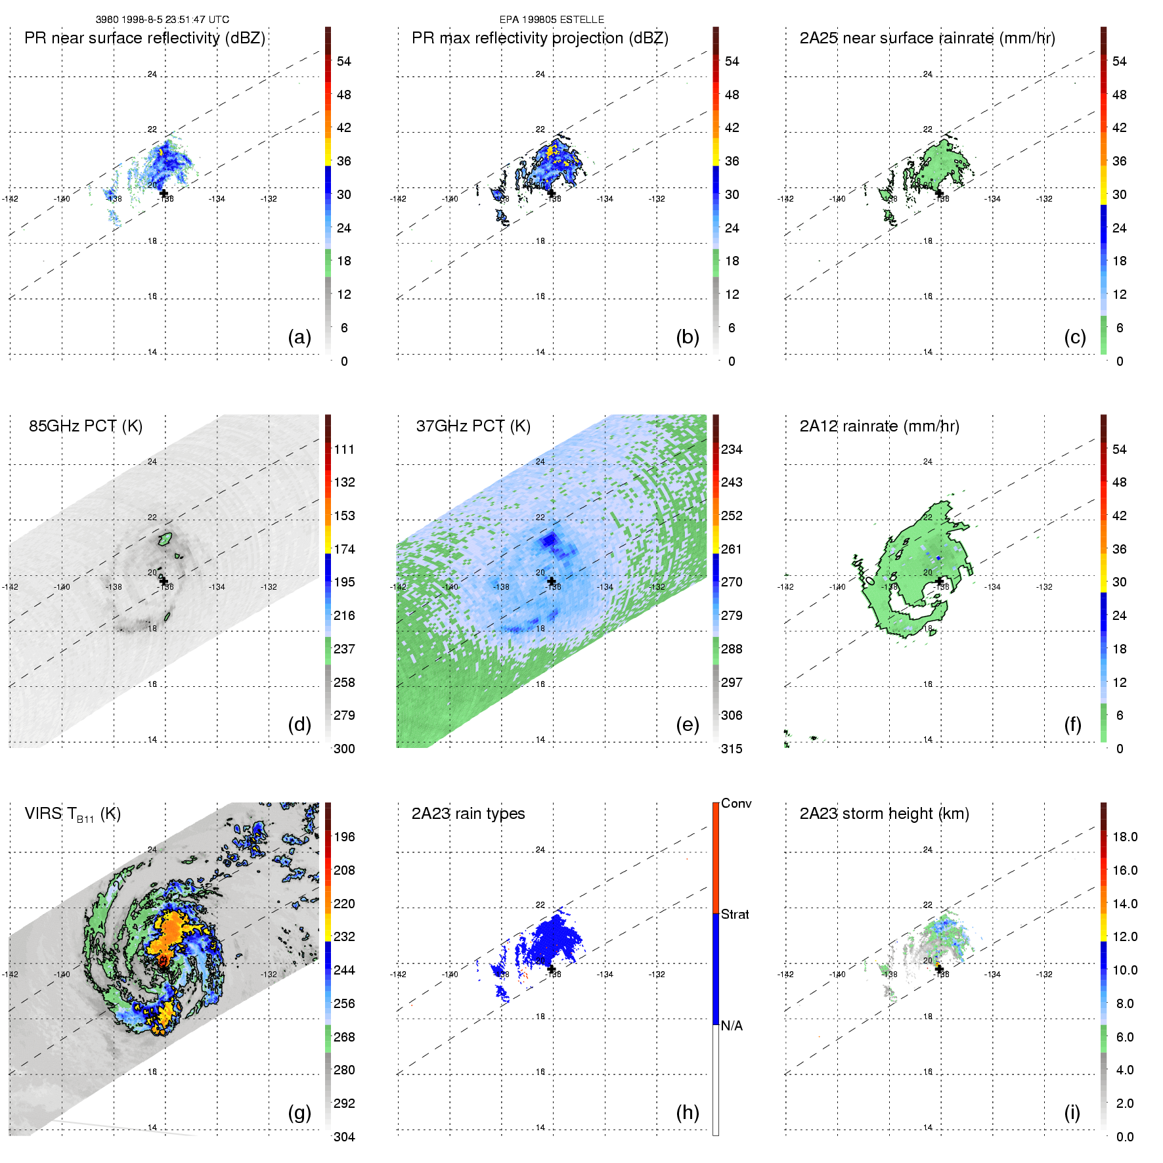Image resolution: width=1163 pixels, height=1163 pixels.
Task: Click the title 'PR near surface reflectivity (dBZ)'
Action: pyautogui.click(x=144, y=38)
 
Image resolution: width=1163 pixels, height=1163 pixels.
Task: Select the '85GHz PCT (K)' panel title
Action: pyautogui.click(x=85, y=426)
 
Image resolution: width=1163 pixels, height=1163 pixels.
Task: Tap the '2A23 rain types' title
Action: pyautogui.click(x=468, y=814)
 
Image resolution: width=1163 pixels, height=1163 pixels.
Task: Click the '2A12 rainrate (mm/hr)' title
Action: pyautogui.click(x=879, y=426)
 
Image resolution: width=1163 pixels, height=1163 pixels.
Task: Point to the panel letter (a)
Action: pyautogui.click(x=299, y=337)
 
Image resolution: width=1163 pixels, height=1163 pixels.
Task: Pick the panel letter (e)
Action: pyautogui.click(x=687, y=724)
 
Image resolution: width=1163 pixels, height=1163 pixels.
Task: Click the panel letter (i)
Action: pyautogui.click(x=1072, y=1112)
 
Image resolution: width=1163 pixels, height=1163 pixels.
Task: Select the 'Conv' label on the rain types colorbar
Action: pyautogui.click(x=736, y=803)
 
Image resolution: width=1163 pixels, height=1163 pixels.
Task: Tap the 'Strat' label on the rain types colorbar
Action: pyautogui.click(x=735, y=914)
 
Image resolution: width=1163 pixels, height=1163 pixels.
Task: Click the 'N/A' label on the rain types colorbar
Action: pyautogui.click(x=732, y=1026)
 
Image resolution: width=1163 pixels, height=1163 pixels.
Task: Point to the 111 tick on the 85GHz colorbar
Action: pyautogui.click(x=344, y=449)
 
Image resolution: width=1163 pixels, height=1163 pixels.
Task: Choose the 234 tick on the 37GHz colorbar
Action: pyautogui.click(x=732, y=449)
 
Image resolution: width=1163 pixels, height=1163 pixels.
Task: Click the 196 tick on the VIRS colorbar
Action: pyautogui.click(x=344, y=837)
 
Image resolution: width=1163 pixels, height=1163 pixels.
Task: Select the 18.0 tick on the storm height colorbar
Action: pyautogui.click(x=1125, y=837)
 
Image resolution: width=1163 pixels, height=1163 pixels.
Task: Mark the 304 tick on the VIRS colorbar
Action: pyautogui.click(x=344, y=1137)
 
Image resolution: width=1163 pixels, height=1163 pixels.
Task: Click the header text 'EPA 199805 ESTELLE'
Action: pyautogui.click(x=552, y=20)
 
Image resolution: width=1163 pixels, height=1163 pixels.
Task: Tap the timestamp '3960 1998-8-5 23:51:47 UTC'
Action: pyautogui.click(x=162, y=20)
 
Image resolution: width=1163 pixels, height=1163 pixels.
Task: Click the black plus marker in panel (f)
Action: pyautogui.click(x=939, y=581)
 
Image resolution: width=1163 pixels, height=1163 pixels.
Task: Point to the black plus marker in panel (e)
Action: pyautogui.click(x=552, y=581)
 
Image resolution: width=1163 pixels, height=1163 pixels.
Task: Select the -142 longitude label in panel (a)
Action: pyautogui.click(x=10, y=198)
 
